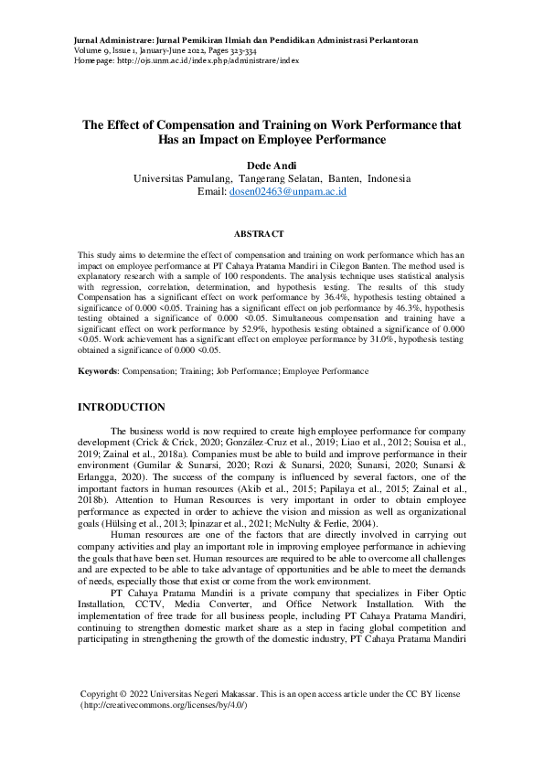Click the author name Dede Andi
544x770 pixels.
point(272,164)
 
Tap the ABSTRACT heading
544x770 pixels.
point(259,234)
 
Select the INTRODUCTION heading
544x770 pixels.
point(122,407)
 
